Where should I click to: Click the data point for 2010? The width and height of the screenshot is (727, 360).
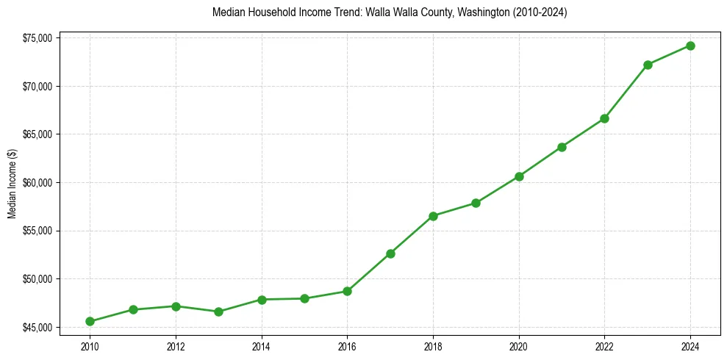(x=90, y=321)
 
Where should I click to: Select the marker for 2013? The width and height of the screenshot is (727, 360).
(x=218, y=312)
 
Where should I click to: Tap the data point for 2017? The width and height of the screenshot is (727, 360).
(x=390, y=253)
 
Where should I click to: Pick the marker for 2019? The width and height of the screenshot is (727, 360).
(x=476, y=203)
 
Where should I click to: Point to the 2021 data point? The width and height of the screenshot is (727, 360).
(x=562, y=147)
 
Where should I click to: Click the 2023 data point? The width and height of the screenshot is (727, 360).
(x=648, y=65)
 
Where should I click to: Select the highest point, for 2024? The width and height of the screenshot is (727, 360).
(x=690, y=46)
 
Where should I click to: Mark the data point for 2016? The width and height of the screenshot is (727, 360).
(x=347, y=291)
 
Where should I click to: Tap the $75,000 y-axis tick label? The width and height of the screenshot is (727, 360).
(x=37, y=38)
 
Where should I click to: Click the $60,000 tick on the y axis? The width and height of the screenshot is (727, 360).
(x=37, y=183)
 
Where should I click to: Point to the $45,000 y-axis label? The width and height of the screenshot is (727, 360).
(x=37, y=327)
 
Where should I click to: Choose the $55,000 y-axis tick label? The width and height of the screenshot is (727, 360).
(x=37, y=231)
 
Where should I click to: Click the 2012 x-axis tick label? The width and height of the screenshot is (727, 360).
(x=175, y=346)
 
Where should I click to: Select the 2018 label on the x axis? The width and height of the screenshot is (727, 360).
(x=433, y=346)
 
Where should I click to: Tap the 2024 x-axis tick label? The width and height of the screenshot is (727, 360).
(x=690, y=346)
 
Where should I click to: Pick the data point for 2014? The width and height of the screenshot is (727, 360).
(x=261, y=299)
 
